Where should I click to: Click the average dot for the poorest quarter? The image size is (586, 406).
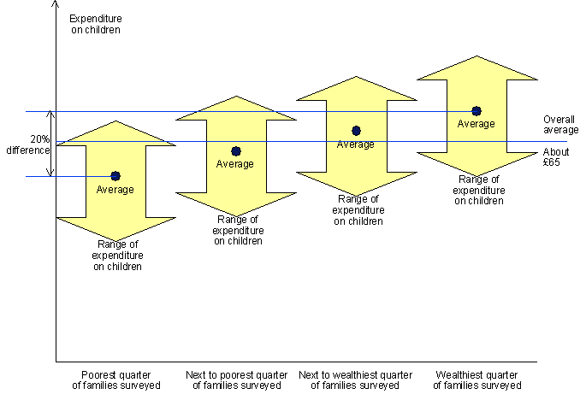point(115,176)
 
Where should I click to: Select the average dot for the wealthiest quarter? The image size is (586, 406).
point(476,111)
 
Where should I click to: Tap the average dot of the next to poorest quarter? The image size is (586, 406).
point(236,151)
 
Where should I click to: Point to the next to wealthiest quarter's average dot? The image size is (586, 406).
point(356,131)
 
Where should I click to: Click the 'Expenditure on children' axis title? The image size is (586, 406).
point(95,24)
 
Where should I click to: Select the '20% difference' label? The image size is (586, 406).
point(28,144)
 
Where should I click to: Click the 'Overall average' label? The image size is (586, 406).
point(560,125)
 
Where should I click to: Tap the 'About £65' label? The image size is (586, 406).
point(551,157)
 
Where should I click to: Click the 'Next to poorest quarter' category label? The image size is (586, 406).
point(236,380)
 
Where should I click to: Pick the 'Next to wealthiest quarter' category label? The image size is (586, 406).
point(355,380)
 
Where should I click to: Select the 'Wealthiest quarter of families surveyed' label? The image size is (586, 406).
point(476,380)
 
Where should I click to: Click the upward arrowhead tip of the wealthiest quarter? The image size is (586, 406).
point(476,57)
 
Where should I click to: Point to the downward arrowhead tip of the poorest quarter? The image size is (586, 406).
point(115,241)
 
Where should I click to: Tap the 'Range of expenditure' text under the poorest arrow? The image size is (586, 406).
point(117,256)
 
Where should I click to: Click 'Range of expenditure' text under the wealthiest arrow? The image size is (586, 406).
point(478,190)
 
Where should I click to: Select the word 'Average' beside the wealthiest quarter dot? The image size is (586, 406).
point(476,124)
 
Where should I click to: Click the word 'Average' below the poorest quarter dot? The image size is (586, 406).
point(115,190)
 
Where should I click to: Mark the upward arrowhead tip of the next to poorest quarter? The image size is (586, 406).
point(236,97)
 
